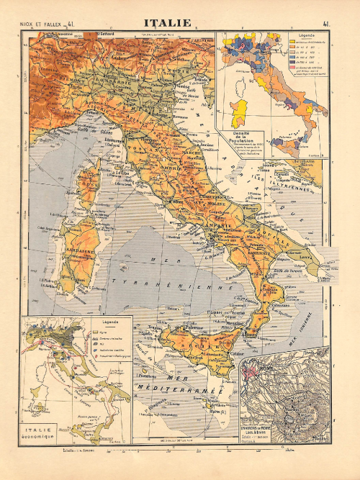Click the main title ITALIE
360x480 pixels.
point(168,22)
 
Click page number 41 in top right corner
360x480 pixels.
point(327,24)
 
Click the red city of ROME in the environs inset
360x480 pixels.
point(253,373)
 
